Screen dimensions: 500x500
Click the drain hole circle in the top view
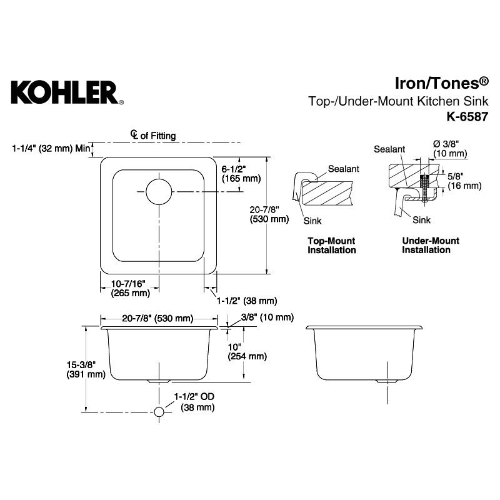tap(158, 191)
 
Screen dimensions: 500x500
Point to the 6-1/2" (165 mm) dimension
tap(241, 173)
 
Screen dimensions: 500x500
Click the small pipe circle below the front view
tap(159, 412)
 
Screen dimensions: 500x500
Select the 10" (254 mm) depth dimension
tap(246, 352)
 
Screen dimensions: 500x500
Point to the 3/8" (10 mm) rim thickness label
tap(262, 317)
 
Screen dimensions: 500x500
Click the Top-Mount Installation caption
tap(331, 246)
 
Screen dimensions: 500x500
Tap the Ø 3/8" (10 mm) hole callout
tap(449, 149)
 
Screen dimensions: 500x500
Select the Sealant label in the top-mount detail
tap(343, 169)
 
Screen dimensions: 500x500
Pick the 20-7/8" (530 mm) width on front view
tap(157, 318)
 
